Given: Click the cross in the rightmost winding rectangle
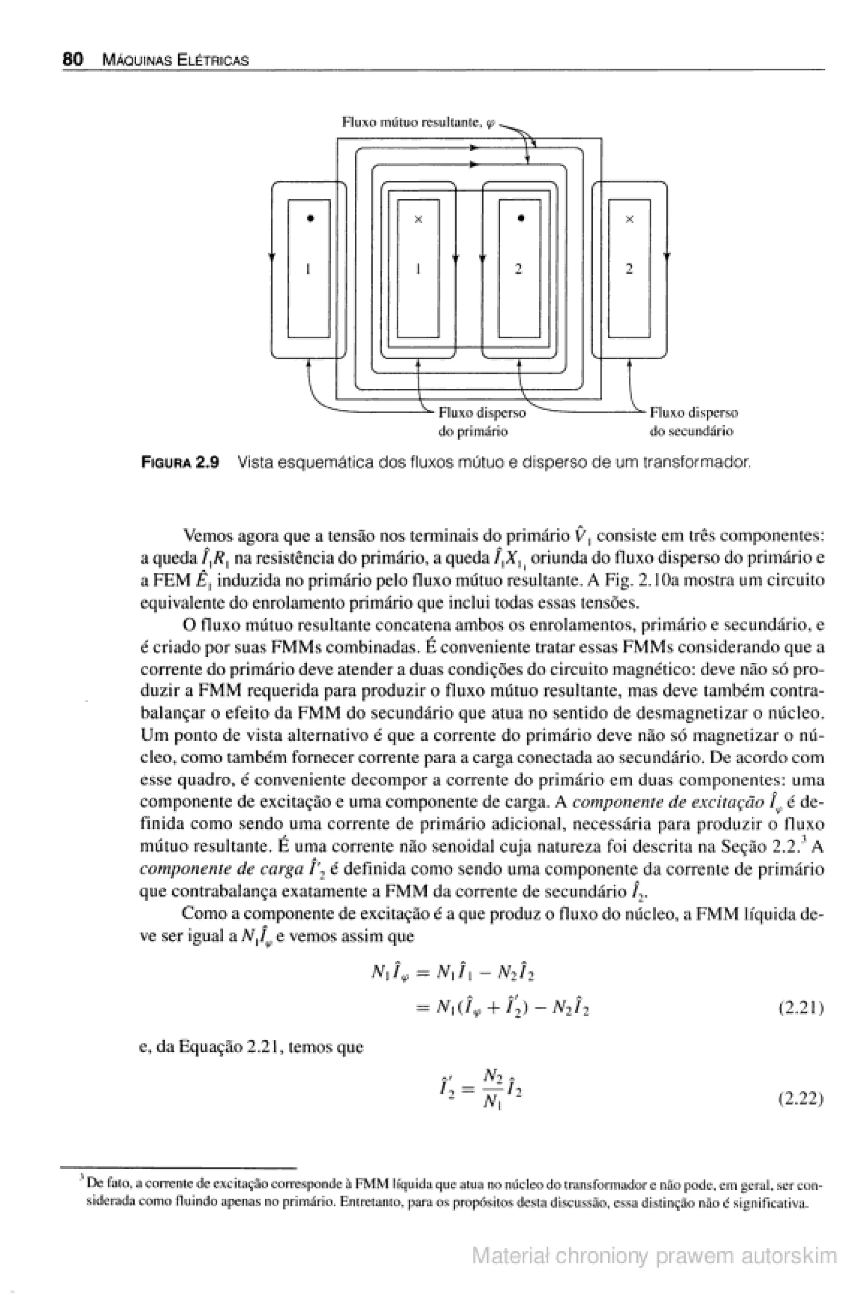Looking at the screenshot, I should click(x=630, y=219).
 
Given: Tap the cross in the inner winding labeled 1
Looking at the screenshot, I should click(x=418, y=219).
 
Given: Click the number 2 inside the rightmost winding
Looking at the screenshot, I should click(x=629, y=269).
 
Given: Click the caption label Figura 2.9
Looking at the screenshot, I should click(x=180, y=463).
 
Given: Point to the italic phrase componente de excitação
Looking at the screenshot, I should click(x=668, y=802).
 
